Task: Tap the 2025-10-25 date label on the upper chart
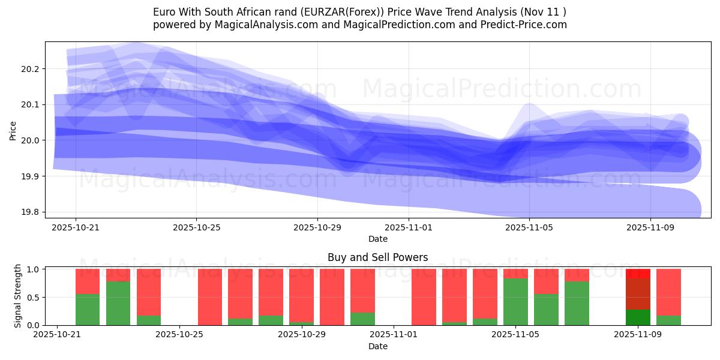pyautogui.click(x=196, y=228)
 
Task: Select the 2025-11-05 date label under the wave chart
pyautogui.click(x=529, y=228)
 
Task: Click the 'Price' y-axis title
pyautogui.click(x=13, y=130)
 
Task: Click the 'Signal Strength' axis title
pyautogui.click(x=18, y=296)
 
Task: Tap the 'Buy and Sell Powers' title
pyautogui.click(x=378, y=257)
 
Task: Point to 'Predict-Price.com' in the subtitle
pyautogui.click(x=524, y=25)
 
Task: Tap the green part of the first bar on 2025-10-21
pyautogui.click(x=88, y=310)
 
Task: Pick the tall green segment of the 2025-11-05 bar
pyautogui.click(x=515, y=302)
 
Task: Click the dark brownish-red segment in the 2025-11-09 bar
pyautogui.click(x=638, y=294)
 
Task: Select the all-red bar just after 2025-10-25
pyautogui.click(x=210, y=297)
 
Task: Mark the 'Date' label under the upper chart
pyautogui.click(x=378, y=239)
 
